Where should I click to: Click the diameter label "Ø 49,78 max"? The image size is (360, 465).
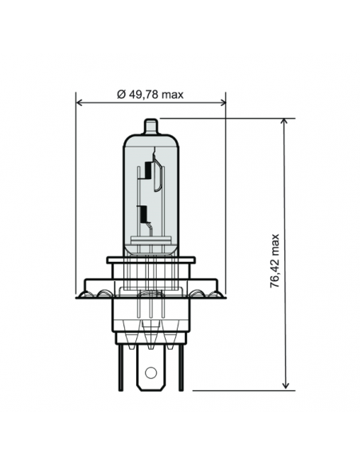pyautogui.click(x=150, y=95)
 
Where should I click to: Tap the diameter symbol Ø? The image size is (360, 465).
pyautogui.click(x=119, y=95)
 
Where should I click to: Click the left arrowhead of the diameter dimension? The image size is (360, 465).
pyautogui.click(x=80, y=102)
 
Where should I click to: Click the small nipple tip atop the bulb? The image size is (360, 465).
pyautogui.click(x=151, y=125)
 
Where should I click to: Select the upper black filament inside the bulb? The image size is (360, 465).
pyautogui.click(x=147, y=170)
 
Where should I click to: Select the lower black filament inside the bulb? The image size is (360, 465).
pyautogui.click(x=143, y=213)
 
